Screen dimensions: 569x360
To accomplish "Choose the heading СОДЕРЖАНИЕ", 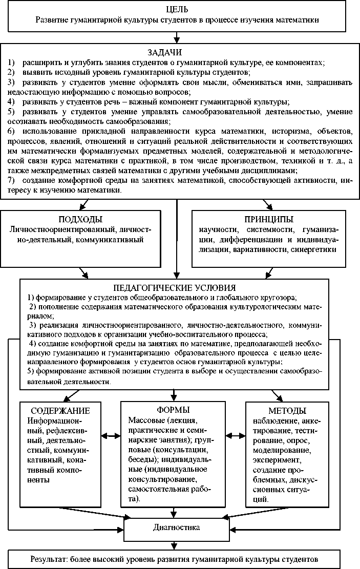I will tap(60, 411).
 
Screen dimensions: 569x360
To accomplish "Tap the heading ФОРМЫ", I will tap(174, 410).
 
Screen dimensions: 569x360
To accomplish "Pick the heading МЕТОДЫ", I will tap(287, 411).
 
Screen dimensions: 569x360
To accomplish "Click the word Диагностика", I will tap(176, 526).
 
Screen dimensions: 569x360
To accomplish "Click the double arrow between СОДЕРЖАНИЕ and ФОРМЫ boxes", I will tap(111, 435).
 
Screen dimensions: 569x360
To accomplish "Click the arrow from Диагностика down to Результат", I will tap(177, 545).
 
